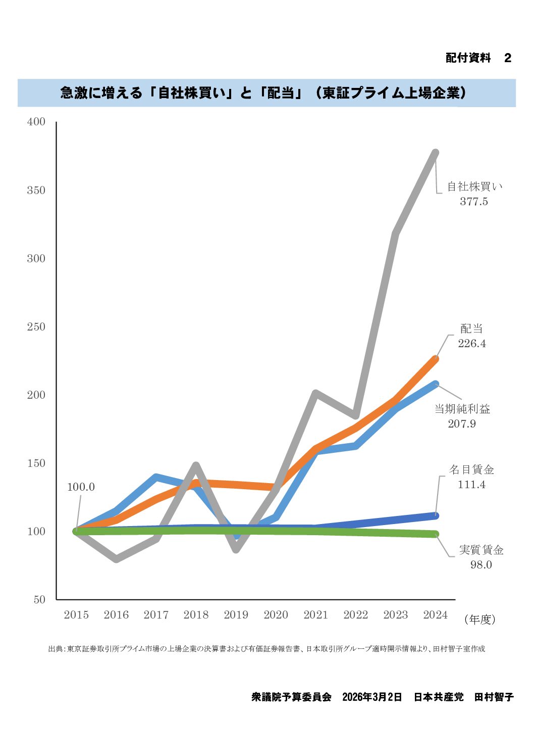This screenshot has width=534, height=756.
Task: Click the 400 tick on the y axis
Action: (36, 122)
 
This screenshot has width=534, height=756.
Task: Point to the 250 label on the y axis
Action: (36, 327)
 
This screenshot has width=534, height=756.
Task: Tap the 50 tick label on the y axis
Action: (39, 600)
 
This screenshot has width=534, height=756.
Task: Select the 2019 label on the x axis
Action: (236, 615)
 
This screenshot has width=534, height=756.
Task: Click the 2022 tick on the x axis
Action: (355, 615)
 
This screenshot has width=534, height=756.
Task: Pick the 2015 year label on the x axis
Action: (76, 615)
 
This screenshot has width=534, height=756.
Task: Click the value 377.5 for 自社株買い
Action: (473, 202)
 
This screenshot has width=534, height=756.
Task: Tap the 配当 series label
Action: (471, 329)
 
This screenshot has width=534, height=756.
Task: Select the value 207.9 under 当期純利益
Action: (462, 424)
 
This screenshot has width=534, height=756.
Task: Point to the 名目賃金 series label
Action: (471, 470)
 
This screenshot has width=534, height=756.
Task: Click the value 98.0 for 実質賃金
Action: (480, 565)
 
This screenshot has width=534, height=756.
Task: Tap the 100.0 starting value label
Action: (81, 487)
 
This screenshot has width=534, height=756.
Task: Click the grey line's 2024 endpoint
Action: (435, 153)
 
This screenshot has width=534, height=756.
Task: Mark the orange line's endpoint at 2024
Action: (435, 359)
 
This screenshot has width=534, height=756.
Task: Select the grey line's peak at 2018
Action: (196, 465)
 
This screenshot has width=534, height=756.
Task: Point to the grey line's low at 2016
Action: (117, 559)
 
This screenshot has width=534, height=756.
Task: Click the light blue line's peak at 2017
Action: (156, 477)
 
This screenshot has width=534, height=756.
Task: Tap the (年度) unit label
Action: (479, 620)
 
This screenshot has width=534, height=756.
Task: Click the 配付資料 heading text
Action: (468, 58)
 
